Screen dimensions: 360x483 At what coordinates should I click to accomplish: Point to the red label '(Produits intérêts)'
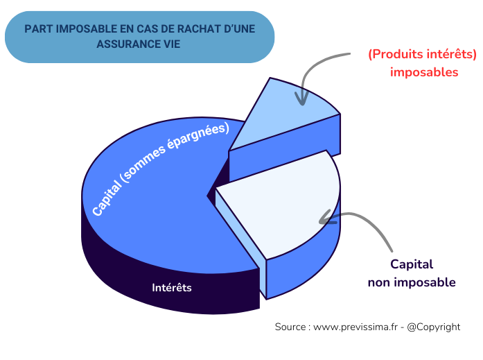[422, 55]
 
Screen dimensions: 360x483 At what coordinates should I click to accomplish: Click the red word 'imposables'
[424, 71]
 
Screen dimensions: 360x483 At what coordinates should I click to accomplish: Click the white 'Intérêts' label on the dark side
[172, 287]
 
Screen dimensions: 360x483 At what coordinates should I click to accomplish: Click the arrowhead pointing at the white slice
[324, 221]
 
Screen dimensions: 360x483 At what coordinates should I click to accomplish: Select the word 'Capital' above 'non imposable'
[412, 264]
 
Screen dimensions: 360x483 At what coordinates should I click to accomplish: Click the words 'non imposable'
[412, 282]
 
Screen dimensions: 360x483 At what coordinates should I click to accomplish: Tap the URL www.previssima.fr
[353, 327]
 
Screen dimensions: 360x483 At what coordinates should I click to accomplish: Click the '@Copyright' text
[434, 327]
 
